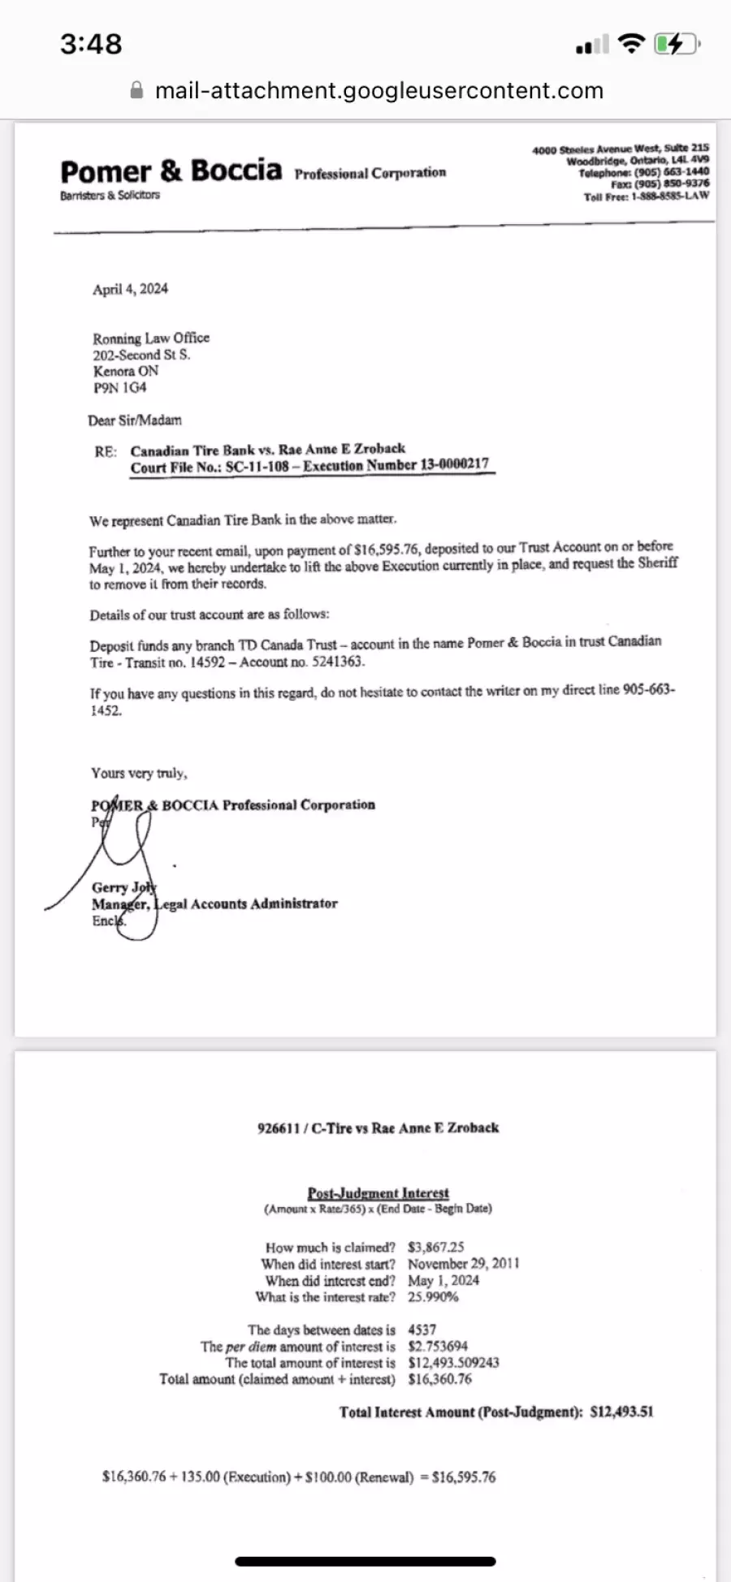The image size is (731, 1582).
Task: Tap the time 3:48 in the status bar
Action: coord(91,44)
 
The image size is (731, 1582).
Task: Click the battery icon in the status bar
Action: coord(677,44)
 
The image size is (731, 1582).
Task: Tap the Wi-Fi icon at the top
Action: coord(631,44)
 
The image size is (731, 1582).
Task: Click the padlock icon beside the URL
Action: coord(137,90)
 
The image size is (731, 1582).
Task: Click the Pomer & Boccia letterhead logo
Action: coord(171,172)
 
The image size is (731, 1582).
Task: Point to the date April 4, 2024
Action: coord(130,289)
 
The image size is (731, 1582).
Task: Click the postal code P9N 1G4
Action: coord(119,388)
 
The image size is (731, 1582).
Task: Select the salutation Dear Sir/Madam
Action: coord(135,420)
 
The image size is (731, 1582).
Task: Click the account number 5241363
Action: coord(339,662)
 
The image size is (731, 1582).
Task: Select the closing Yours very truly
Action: coord(139,773)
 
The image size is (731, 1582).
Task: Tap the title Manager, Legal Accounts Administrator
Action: coord(214,903)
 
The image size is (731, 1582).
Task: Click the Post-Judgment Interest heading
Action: coord(378,1193)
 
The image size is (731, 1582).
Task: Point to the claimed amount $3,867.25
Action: coord(436,1247)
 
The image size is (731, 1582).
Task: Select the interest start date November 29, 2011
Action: coord(463,1264)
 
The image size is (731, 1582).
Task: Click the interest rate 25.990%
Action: coord(433,1297)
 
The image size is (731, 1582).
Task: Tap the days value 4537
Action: coord(422,1330)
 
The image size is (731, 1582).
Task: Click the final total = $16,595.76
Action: coord(463,1477)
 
